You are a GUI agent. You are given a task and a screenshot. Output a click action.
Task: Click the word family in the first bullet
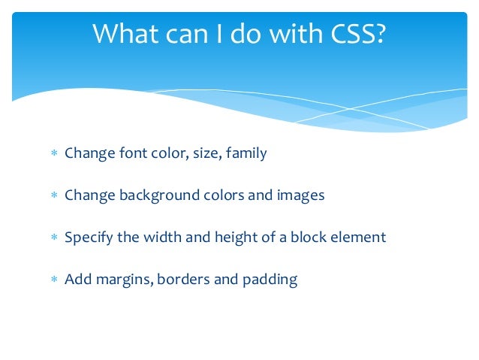pos(246,154)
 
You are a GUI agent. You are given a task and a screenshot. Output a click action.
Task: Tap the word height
pos(238,238)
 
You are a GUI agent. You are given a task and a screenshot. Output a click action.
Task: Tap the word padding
pos(270,280)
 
